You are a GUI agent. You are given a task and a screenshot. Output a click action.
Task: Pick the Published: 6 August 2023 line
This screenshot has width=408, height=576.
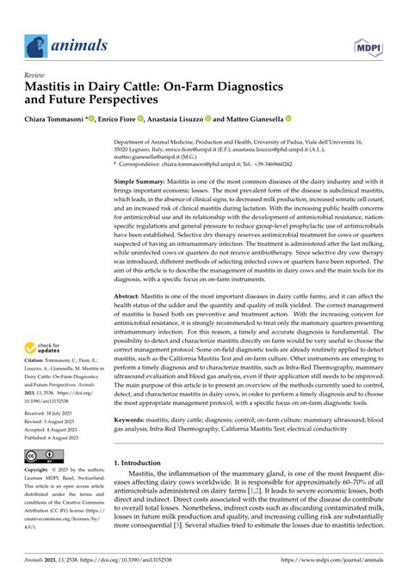pyautogui.click(x=55, y=435)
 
